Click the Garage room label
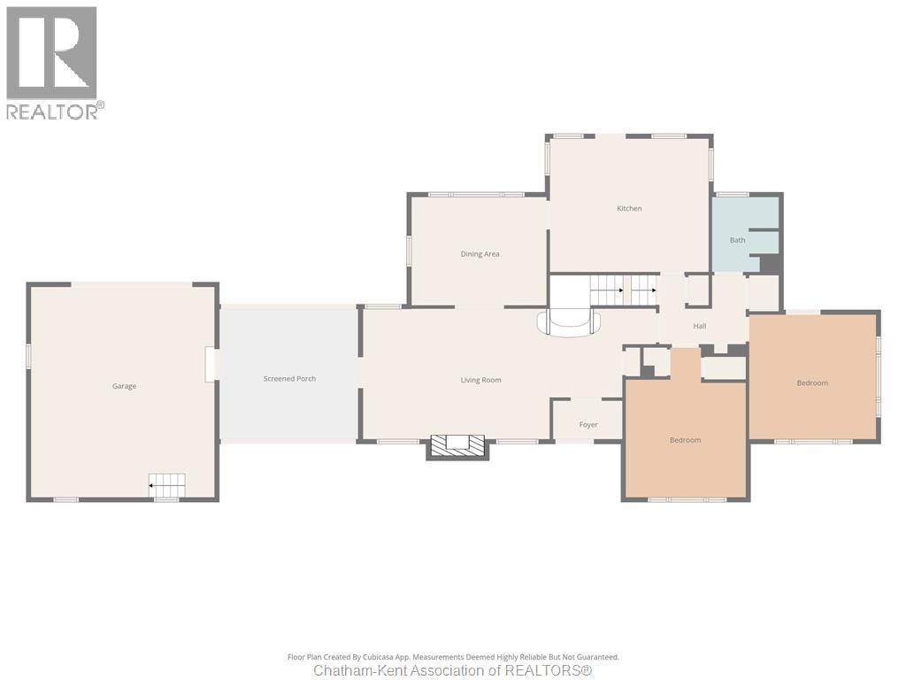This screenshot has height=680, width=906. tap(124, 386)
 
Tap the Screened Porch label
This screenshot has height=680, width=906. tap(289, 379)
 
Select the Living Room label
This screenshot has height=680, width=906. tap(480, 380)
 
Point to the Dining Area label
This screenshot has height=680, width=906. tap(480, 254)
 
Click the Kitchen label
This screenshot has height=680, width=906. tap(629, 208)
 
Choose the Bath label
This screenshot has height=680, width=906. tap(737, 240)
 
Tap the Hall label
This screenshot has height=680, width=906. tap(700, 326)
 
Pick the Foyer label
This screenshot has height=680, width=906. tap(588, 424)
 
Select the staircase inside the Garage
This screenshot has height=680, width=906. tap(167, 484)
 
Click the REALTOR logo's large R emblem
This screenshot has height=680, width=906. tap(51, 52)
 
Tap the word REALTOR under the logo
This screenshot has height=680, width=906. tap(51, 111)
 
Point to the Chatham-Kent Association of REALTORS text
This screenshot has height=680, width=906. tap(453, 670)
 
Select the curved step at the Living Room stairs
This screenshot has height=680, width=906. tap(569, 323)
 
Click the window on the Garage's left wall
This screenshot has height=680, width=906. tap(27, 355)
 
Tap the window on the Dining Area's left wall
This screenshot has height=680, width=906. tap(409, 251)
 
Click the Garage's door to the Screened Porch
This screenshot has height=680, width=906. tap(211, 364)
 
